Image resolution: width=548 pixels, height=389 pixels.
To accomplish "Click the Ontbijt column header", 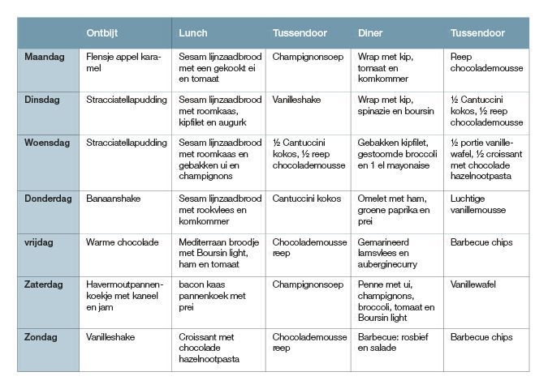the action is (x=101, y=33).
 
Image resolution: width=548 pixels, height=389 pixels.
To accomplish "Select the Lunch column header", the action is (x=193, y=33).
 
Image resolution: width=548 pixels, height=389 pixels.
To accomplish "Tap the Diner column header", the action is (x=370, y=33).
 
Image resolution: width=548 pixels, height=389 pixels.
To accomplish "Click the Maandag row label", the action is (x=45, y=57).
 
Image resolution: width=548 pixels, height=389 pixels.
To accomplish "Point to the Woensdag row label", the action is (x=47, y=143).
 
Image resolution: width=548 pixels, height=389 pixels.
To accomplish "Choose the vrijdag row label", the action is (x=39, y=242).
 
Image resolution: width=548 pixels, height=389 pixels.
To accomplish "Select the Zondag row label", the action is (x=41, y=337).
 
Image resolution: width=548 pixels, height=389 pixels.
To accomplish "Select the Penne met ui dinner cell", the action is (x=396, y=301).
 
